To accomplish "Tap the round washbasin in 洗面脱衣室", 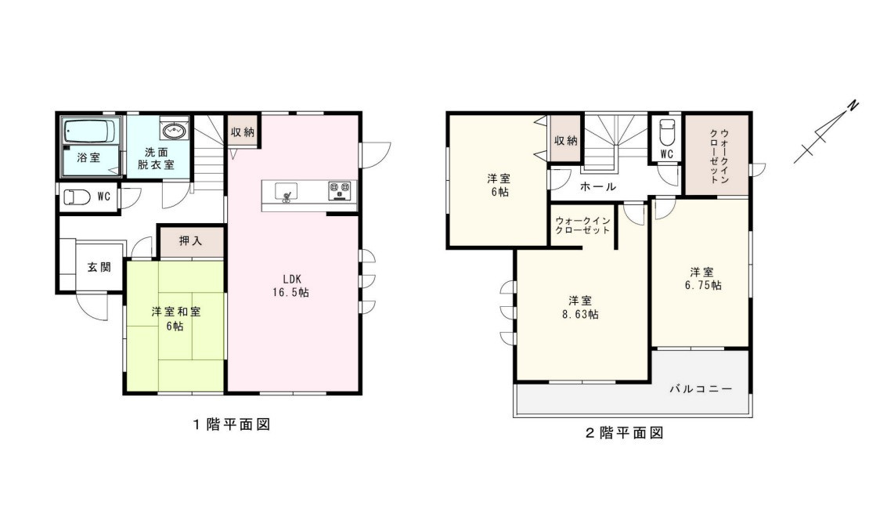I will (x=173, y=130).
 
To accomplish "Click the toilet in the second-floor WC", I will (x=666, y=129).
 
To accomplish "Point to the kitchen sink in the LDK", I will (x=286, y=191).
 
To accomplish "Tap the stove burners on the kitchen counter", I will (x=339, y=189).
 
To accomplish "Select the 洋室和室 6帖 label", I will (x=175, y=318).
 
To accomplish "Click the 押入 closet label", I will (x=190, y=242).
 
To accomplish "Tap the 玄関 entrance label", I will (x=99, y=267).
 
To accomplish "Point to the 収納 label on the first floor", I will (x=242, y=132).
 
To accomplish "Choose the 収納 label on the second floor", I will (x=565, y=141).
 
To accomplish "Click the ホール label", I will (x=597, y=187).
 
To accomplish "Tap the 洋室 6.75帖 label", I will (x=701, y=279).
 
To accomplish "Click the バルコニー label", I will (x=701, y=388).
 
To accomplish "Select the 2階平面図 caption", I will (x=624, y=432).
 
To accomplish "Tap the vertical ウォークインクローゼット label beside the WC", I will (x=718, y=156).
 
